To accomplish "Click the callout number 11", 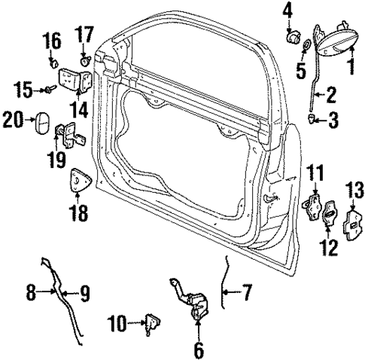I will pos(317,171).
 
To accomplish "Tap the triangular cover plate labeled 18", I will pos(79,184).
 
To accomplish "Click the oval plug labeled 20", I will pos(42,121).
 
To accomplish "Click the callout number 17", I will pos(84,35).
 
